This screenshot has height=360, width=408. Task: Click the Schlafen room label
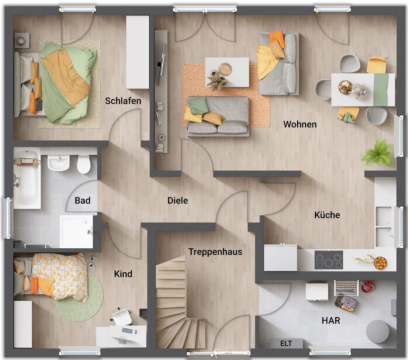pyautogui.click(x=123, y=101)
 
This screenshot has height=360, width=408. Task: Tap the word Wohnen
pyautogui.click(x=300, y=124)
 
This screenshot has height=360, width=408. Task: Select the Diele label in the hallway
pyautogui.click(x=177, y=201)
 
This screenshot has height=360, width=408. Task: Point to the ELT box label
pyautogui.click(x=286, y=343)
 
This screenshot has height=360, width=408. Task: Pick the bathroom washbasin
pyautogui.click(x=59, y=163)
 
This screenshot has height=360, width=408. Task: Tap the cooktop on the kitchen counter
pyautogui.click(x=329, y=260)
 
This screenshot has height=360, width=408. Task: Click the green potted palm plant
pyautogui.click(x=377, y=153)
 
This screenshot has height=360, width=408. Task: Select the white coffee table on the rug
pyautogui.click(x=227, y=72)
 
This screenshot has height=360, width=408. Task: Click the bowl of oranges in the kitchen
pyautogui.click(x=380, y=263)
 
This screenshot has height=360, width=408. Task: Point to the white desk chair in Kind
pyautogui.click(x=121, y=316)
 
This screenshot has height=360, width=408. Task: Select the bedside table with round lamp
pyautogui.click(x=22, y=40)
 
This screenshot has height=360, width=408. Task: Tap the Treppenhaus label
pyautogui.click(x=215, y=252)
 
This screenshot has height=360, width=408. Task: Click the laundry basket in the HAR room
pyautogui.click(x=345, y=302)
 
